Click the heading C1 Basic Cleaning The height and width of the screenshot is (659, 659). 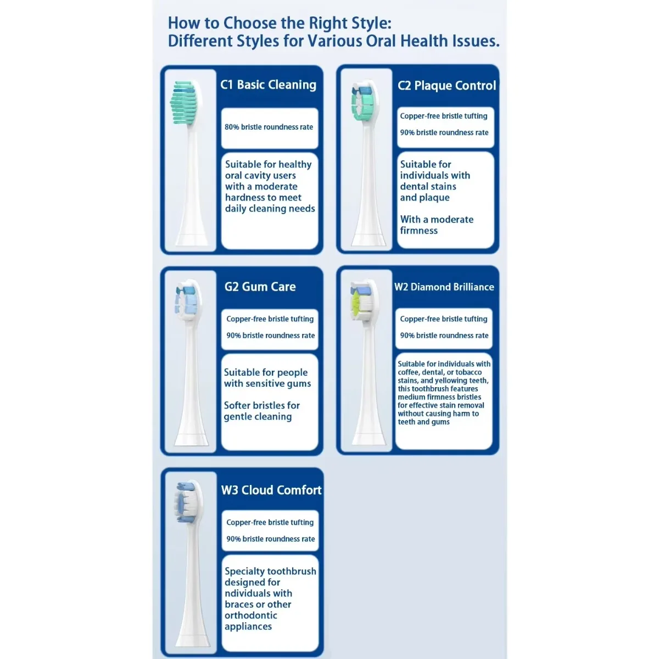(x=268, y=85)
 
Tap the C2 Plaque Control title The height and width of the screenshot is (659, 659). (x=446, y=86)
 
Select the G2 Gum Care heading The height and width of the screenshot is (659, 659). (x=260, y=287)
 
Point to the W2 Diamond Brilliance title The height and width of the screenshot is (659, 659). (x=444, y=287)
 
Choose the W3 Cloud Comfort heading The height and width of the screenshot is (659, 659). (x=271, y=490)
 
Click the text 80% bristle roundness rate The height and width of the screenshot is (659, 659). (x=269, y=127)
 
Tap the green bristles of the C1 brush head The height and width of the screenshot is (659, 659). (x=184, y=102)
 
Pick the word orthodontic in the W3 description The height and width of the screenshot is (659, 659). (x=250, y=615)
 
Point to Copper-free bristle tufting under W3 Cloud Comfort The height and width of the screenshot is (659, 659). (x=270, y=522)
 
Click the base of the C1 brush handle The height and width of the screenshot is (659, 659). (x=192, y=239)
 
